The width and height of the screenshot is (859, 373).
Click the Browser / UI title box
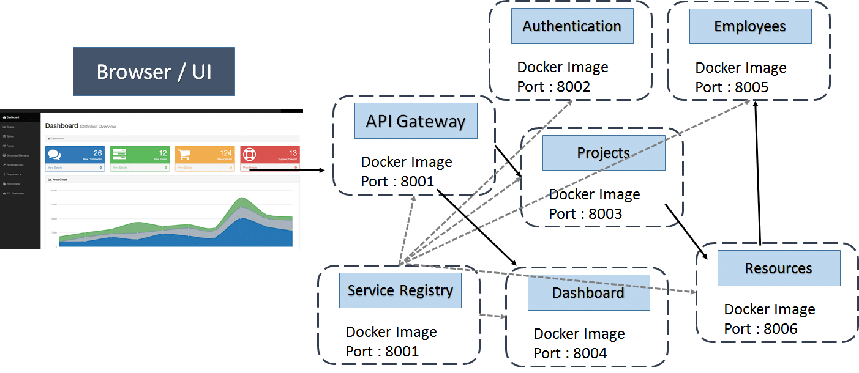click(x=154, y=72)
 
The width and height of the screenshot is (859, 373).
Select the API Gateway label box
click(x=416, y=121)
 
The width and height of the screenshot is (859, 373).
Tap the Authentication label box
click(x=572, y=26)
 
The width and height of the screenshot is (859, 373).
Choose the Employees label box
click(x=750, y=26)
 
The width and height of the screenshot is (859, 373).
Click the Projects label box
click(x=603, y=153)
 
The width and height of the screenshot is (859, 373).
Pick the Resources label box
click(x=778, y=268)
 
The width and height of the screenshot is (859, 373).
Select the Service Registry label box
click(x=400, y=290)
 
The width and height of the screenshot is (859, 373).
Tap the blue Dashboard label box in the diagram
click(x=588, y=293)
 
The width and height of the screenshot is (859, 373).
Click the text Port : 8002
click(x=553, y=87)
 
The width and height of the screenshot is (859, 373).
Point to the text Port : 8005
click(x=732, y=87)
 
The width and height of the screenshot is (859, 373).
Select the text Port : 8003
click(x=585, y=214)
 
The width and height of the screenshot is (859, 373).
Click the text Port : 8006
click(x=760, y=329)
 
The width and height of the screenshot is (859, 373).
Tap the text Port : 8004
click(x=570, y=353)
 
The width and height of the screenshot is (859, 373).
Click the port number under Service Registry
click(x=382, y=352)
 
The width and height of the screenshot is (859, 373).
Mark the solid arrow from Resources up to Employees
click(x=758, y=174)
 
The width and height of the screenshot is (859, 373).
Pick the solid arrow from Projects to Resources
click(x=686, y=231)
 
